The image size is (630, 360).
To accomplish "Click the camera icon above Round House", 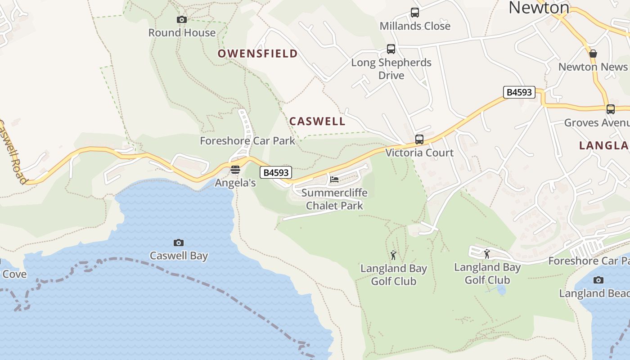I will (182, 19).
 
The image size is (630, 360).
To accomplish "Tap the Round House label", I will (182, 33).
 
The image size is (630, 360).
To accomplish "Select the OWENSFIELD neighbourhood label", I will (258, 54).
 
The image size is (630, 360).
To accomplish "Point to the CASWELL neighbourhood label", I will (317, 121).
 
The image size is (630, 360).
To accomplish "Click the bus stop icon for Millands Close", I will (415, 13).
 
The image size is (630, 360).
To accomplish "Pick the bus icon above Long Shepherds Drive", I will (391, 49).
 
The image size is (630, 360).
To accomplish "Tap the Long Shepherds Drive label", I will (391, 69).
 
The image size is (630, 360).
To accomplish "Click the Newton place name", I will (539, 7).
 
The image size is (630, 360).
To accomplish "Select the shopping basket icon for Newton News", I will (593, 54).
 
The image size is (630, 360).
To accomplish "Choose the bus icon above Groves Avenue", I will (611, 109).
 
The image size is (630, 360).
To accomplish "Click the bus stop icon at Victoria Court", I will (419, 139).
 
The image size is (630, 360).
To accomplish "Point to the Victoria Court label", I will (419, 153).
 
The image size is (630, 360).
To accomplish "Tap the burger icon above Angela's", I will (235, 170).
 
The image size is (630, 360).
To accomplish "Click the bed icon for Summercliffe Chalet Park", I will (334, 180).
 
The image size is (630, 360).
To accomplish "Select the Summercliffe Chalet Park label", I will (334, 199).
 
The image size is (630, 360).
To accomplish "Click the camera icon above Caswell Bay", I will (179, 243).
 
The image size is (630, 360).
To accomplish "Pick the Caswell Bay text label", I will (179, 256).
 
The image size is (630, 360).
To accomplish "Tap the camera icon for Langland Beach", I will (598, 280).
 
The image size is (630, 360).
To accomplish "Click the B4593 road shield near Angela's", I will (276, 172).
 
